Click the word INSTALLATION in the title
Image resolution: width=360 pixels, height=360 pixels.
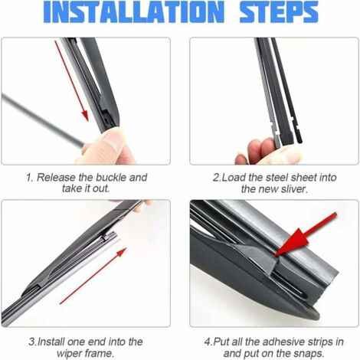134,11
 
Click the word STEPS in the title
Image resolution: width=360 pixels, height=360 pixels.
279,11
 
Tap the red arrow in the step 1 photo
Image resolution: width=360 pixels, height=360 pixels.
72,81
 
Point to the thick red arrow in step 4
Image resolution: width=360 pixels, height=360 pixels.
305,234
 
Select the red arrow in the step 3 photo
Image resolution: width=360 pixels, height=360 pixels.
93,276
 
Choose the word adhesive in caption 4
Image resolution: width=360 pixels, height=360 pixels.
283,342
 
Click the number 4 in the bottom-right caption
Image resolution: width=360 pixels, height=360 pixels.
207,342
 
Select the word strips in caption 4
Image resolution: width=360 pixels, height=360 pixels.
320,342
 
